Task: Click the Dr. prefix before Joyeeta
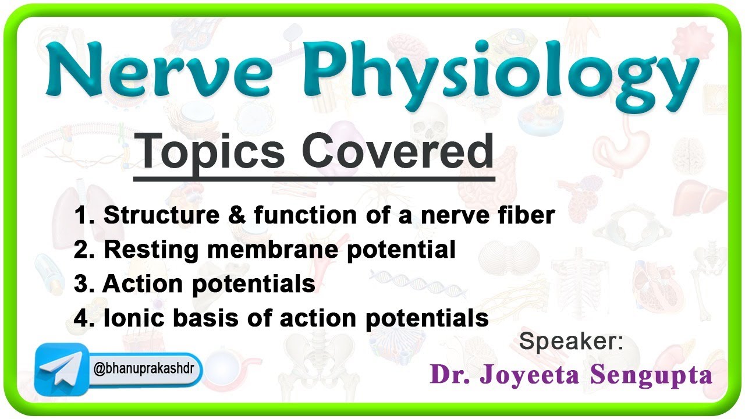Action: click(x=450, y=375)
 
